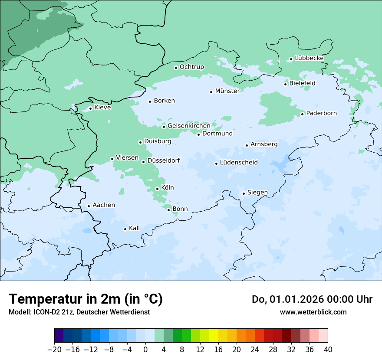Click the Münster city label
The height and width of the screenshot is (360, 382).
227,91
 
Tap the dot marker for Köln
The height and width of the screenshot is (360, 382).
157,189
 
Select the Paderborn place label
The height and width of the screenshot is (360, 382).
321,114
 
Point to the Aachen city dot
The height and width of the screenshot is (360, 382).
89,206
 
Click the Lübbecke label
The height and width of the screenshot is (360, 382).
309,58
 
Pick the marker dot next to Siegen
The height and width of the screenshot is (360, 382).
244,193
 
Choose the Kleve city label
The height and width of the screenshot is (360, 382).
102,108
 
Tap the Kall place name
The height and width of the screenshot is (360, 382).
134,228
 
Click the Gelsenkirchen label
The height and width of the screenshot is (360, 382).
189,126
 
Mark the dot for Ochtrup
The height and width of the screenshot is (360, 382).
176,68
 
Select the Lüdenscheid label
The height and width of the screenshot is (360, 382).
239,163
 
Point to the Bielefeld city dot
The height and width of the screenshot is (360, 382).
285,84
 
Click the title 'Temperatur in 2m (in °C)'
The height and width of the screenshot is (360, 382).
86,299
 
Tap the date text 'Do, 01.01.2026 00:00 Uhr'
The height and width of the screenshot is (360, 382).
312,299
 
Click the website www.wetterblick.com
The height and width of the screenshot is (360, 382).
313,312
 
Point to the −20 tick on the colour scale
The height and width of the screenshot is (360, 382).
55,350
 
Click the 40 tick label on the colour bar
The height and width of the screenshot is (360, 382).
328,350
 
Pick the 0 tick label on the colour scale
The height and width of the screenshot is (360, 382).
145,350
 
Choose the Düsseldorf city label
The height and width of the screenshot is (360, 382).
163,161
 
